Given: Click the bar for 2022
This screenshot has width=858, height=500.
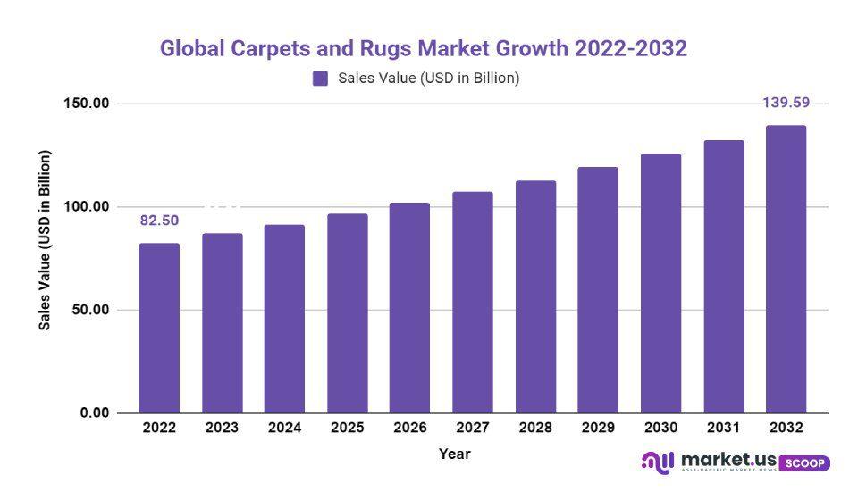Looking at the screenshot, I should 159,328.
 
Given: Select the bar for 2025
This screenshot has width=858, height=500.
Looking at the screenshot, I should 347,313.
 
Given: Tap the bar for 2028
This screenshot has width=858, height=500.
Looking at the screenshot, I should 535,296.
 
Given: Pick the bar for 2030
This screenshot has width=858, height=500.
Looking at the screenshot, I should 660,283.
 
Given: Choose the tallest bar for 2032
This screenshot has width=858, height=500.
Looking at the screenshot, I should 786,269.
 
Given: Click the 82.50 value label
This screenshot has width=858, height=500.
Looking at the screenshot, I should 159,220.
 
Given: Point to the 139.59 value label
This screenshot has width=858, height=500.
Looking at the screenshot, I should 786,103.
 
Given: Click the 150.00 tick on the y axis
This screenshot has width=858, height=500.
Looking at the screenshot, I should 86,104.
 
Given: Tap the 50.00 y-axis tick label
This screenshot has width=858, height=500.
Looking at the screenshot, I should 89,310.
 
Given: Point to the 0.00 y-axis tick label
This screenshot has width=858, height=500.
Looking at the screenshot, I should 93,413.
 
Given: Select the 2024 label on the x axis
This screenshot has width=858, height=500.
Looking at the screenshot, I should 284,429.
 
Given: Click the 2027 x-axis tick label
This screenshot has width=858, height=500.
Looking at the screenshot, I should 472,429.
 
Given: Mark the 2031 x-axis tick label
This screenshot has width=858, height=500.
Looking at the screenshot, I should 723,429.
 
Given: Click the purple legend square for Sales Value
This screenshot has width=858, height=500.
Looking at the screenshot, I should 321,79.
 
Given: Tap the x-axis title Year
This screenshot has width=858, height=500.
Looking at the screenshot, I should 454,454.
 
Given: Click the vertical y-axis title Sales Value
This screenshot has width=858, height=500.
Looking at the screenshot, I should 46,239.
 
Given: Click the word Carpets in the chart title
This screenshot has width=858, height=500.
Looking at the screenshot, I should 268,48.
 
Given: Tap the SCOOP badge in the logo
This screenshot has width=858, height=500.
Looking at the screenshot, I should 804,463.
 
